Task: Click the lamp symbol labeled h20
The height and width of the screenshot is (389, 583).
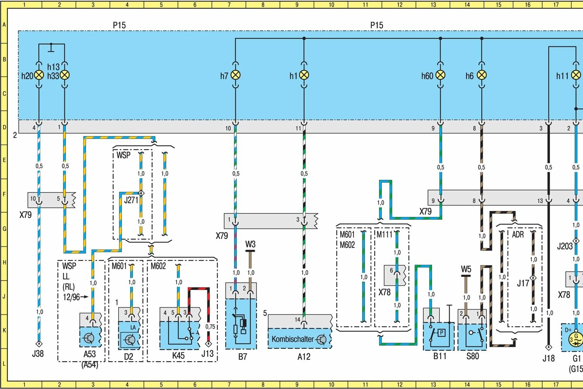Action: click(39, 75)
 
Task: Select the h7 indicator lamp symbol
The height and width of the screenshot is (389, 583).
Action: click(235, 75)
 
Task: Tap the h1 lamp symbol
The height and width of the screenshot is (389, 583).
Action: click(304, 75)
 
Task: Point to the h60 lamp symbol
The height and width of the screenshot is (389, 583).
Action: click(440, 75)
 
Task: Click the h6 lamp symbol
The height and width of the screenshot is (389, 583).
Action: click(481, 75)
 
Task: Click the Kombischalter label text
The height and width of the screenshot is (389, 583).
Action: click(292, 339)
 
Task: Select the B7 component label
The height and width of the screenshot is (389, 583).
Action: click(243, 356)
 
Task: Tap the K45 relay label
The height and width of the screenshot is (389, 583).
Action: click(178, 355)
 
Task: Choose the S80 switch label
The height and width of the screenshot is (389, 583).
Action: click(473, 356)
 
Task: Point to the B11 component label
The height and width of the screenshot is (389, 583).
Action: click(440, 356)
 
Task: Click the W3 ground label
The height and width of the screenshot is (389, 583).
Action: click(250, 244)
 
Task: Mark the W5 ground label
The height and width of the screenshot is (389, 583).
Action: click(466, 269)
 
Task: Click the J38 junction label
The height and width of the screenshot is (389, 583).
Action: click(38, 353)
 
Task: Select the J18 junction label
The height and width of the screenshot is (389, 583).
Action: click(549, 358)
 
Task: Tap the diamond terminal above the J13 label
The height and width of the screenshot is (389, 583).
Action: click(209, 344)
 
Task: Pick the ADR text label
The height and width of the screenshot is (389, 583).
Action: click(518, 234)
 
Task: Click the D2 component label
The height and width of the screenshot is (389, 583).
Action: click(128, 356)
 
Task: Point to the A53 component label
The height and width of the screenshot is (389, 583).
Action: click(90, 354)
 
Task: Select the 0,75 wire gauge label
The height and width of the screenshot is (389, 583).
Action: click(210, 327)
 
